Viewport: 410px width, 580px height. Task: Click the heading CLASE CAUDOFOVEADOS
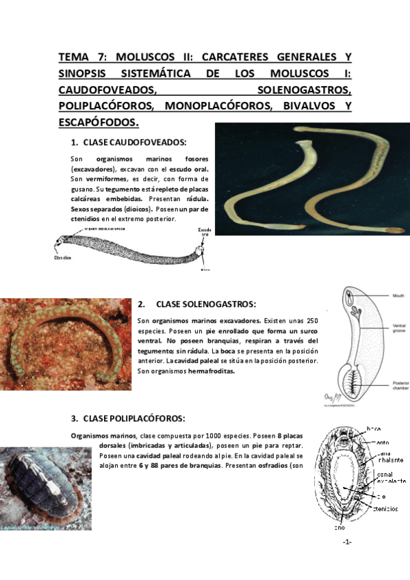134,143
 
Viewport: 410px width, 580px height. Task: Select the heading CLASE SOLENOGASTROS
205,304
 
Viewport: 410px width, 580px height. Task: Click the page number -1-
347,542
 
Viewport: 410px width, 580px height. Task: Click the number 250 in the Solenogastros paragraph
311,320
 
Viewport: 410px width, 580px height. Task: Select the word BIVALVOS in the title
317,105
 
